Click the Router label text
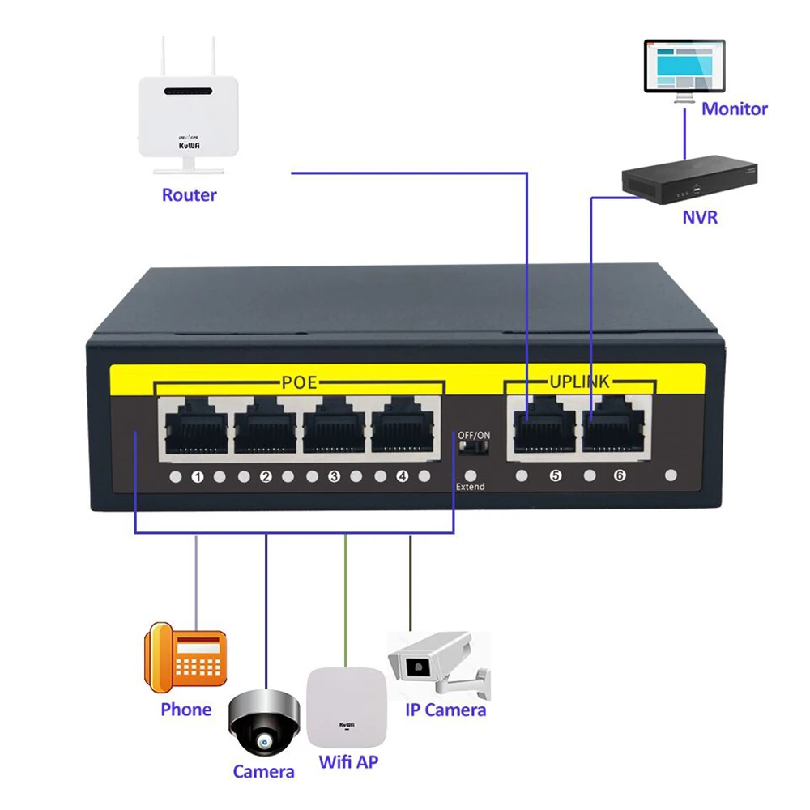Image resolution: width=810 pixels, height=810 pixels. (x=190, y=195)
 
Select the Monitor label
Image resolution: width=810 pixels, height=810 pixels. (x=734, y=109)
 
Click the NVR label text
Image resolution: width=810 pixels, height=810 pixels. (x=700, y=217)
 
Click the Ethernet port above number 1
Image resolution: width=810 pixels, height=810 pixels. (x=197, y=428)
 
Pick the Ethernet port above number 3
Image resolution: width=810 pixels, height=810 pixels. (x=334, y=428)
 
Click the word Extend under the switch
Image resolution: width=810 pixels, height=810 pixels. (x=470, y=487)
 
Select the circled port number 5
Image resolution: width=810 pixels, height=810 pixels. (x=555, y=476)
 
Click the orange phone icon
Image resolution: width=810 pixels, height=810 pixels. (x=185, y=658)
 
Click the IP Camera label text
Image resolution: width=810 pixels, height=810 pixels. (x=446, y=710)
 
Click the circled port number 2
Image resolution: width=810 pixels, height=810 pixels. (x=265, y=477)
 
